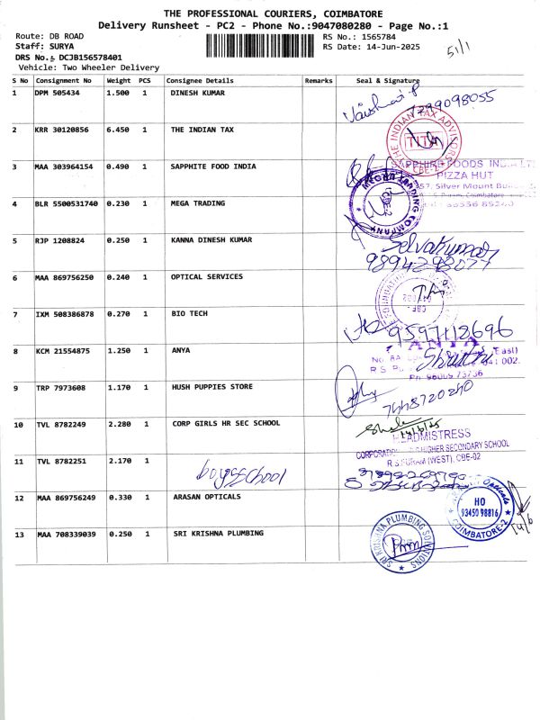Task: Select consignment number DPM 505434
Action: [x=57, y=93]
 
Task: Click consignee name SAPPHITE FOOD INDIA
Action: [x=213, y=166]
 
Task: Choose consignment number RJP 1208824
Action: [x=57, y=240]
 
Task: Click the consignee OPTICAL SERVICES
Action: [x=207, y=277]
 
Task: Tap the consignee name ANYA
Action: [x=181, y=350]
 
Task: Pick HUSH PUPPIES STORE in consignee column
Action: [x=211, y=387]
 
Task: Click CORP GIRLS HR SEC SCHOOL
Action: [x=226, y=423]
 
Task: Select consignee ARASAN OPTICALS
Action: [x=207, y=497]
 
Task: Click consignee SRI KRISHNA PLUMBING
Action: [x=219, y=534]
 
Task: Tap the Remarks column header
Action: [x=319, y=80]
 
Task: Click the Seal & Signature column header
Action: [x=388, y=80]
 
